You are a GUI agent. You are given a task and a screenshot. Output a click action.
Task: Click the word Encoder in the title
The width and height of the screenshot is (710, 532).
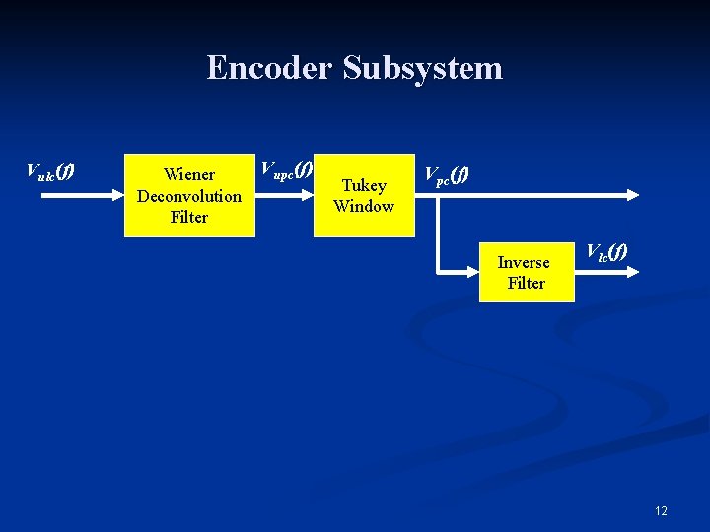(269, 68)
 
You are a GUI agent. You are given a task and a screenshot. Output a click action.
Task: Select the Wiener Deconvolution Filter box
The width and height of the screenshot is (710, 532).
(189, 195)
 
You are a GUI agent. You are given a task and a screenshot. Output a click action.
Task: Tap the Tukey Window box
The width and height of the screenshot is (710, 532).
(364, 195)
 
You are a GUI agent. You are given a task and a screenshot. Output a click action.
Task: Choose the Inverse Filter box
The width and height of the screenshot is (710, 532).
(527, 272)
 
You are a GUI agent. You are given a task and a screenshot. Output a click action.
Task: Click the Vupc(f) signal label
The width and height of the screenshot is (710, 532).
(285, 169)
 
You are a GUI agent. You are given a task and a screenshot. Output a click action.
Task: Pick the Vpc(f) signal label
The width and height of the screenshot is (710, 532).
(446, 175)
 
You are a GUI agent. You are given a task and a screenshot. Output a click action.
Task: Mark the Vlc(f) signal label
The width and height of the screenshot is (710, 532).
(605, 252)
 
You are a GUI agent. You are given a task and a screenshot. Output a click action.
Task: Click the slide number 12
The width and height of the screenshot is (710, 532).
(661, 510)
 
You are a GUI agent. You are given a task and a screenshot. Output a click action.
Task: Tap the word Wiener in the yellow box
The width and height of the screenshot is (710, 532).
(189, 174)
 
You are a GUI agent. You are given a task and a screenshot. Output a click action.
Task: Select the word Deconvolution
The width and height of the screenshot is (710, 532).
(189, 195)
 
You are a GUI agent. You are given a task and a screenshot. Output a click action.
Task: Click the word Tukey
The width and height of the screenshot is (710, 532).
(364, 185)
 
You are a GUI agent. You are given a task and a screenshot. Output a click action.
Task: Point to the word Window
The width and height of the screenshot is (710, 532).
(364, 206)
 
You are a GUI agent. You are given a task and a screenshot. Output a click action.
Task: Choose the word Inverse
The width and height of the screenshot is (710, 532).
(524, 262)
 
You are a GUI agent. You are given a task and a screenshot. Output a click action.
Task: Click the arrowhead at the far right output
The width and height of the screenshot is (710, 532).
(634, 195)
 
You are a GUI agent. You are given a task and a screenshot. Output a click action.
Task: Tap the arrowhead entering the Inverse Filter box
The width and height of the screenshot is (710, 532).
(473, 271)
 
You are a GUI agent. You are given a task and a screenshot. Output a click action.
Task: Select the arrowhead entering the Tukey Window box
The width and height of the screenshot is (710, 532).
(308, 195)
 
